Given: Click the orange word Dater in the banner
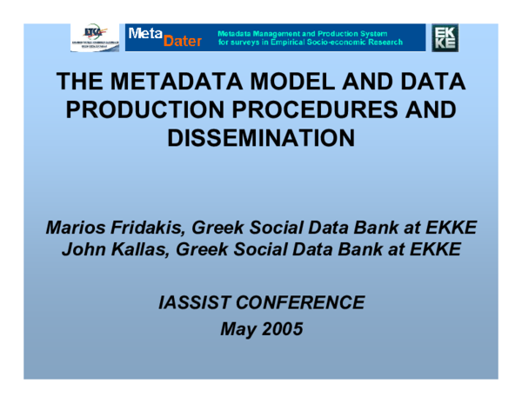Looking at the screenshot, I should coord(182,41).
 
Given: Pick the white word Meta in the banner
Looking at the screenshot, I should coord(144,33).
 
